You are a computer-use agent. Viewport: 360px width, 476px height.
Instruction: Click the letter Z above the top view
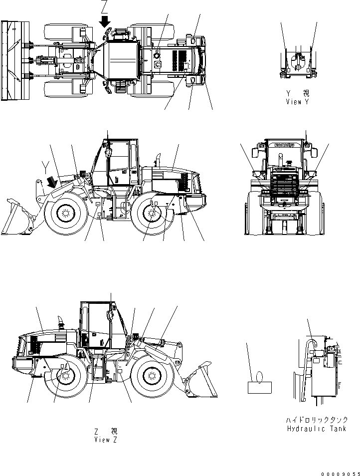click(x=104, y=7)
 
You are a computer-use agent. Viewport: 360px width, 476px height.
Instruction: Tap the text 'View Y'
click(x=298, y=101)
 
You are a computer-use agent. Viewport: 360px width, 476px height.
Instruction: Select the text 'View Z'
click(x=105, y=440)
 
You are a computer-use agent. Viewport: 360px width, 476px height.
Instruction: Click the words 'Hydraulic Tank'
click(x=317, y=429)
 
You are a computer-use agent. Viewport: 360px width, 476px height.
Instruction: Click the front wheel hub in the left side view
click(x=64, y=213)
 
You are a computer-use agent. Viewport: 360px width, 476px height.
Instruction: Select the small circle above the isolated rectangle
click(x=259, y=377)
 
